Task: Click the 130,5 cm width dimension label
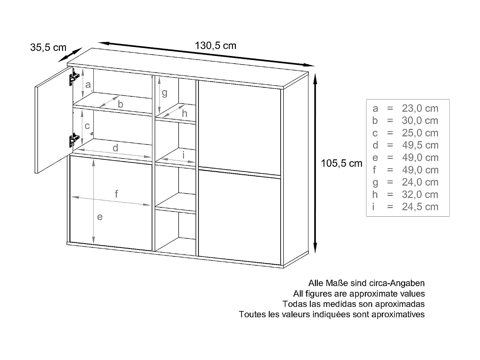[x=215, y=46]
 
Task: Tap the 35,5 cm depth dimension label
[x=48, y=48]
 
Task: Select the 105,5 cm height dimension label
[x=341, y=164]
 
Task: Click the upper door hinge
[x=73, y=78]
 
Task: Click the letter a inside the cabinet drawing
[x=88, y=85]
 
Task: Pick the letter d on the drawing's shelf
[x=116, y=148]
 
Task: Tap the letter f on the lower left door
[x=116, y=194]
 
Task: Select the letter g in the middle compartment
[x=164, y=93]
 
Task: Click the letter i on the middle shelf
[x=183, y=155]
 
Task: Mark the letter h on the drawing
[x=184, y=114]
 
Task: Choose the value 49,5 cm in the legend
[x=420, y=145]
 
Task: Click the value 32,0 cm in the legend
[x=420, y=195]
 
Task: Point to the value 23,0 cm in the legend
[x=420, y=108]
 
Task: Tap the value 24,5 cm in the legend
[x=420, y=207]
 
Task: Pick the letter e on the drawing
[x=100, y=217]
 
